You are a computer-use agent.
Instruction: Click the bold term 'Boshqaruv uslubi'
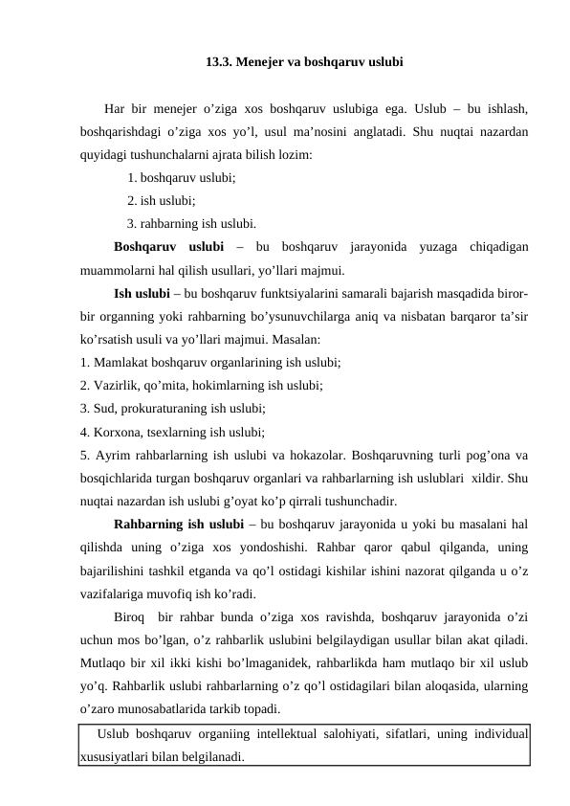(167, 248)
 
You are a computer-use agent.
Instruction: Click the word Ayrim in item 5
(111, 455)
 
